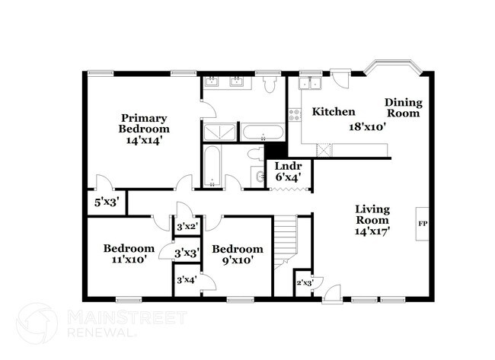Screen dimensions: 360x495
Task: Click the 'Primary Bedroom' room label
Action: tap(143, 123)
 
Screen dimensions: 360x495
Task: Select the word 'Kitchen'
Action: tap(334, 111)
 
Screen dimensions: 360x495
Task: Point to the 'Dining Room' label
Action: tap(403, 107)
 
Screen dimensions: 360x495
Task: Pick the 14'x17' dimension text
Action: tap(372, 232)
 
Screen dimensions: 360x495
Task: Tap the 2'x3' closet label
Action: tap(305, 285)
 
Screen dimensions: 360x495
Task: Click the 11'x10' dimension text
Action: tap(129, 259)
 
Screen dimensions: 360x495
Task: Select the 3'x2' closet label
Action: tap(187, 227)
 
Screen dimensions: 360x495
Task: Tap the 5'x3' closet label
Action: tap(106, 202)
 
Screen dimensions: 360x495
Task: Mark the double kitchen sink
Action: tap(310, 84)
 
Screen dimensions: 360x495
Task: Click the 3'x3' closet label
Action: tap(187, 253)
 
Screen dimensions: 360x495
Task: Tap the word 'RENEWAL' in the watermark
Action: tap(99, 333)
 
